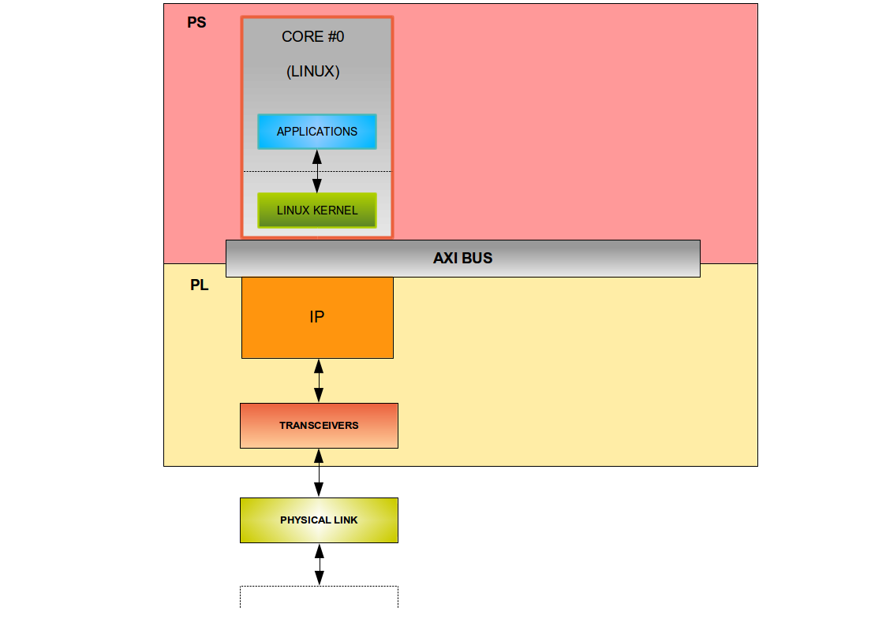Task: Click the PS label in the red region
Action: pyautogui.click(x=196, y=23)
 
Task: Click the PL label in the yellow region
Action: pyautogui.click(x=200, y=285)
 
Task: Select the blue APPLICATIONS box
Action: pyautogui.click(x=317, y=132)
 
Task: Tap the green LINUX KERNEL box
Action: pyautogui.click(x=317, y=211)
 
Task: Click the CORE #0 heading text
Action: pyautogui.click(x=313, y=37)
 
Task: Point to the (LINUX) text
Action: pyautogui.click(x=313, y=72)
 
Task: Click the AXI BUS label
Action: pyautogui.click(x=462, y=259)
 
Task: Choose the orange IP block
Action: pyautogui.click(x=317, y=317)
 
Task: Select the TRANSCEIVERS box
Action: pyautogui.click(x=319, y=426)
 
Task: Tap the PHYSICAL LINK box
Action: pyautogui.click(x=319, y=520)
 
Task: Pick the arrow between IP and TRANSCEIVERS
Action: pyautogui.click(x=319, y=381)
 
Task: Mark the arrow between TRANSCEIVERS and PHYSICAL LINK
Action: pyautogui.click(x=319, y=473)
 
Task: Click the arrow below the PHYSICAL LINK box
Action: pyautogui.click(x=319, y=565)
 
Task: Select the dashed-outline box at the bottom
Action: pyautogui.click(x=319, y=597)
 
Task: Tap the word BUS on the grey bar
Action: pyautogui.click(x=478, y=259)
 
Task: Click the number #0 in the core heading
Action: pyautogui.click(x=335, y=37)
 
